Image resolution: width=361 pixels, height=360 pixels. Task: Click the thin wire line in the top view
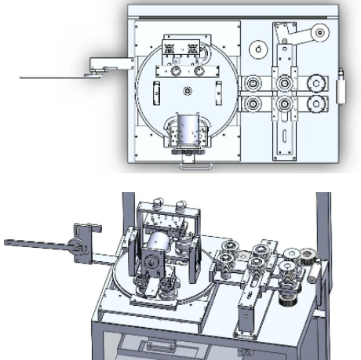pos(47,77)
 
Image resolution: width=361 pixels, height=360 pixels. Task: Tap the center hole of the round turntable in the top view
pos(187,92)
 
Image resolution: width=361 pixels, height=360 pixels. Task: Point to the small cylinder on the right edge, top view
pos(340,86)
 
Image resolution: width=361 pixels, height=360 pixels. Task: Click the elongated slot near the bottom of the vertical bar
pos(282,141)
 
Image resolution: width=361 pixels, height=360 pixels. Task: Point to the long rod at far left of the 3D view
pos(31,245)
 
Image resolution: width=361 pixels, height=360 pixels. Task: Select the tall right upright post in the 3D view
pos(323,235)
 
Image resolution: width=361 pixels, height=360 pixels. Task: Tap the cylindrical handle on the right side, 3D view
pos(317,275)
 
